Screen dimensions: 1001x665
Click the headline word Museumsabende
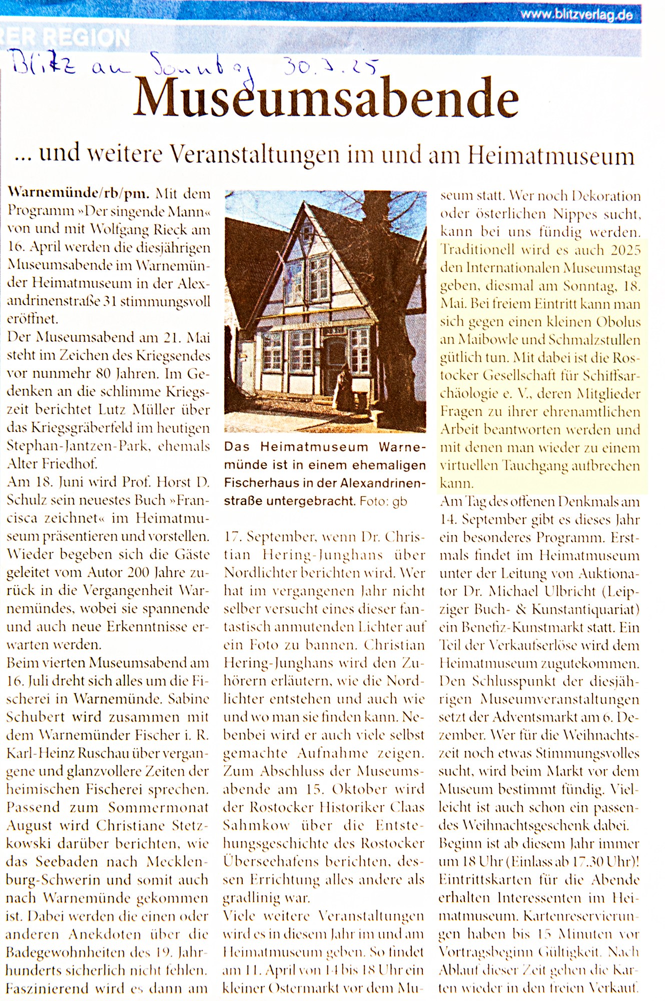[325, 98]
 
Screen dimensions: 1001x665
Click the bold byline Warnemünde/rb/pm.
[78, 194]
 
